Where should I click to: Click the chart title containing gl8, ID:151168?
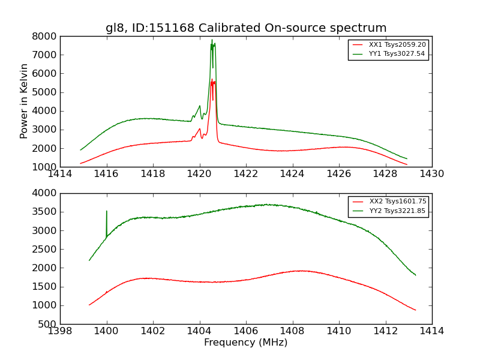pos(246,28)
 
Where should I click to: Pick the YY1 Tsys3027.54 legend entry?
pos(397,54)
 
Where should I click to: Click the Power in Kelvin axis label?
pos(25,101)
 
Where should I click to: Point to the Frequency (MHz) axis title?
pos(245,343)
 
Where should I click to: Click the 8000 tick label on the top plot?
pos(45,36)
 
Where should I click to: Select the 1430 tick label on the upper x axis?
pos(431,174)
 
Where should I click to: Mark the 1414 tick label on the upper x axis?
pos(60,174)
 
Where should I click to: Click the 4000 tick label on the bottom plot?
pos(45,193)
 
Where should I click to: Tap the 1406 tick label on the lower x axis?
pos(246,331)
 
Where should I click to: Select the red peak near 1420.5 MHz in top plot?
pos(212,82)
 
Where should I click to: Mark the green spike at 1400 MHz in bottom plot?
pos(107,212)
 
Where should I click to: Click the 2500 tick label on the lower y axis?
pos(45,249)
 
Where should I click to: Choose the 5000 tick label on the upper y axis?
pos(45,92)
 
